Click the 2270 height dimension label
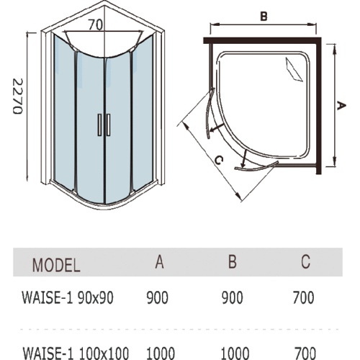(17, 96)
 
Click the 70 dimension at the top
(96, 24)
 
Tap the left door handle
(99, 125)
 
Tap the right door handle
(109, 125)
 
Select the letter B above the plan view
(264, 17)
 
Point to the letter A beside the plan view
(341, 106)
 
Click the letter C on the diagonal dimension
(219, 160)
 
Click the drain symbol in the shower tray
(294, 70)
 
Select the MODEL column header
(56, 265)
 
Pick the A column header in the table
(159, 261)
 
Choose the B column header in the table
(233, 261)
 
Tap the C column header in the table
(305, 261)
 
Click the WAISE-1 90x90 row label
(68, 297)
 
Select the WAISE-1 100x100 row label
(76, 354)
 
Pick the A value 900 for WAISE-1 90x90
(158, 297)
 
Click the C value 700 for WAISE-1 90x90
(303, 297)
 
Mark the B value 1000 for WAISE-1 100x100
(235, 354)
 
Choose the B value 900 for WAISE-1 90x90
(232, 297)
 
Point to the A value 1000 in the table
(161, 354)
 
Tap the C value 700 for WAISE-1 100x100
(305, 354)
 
